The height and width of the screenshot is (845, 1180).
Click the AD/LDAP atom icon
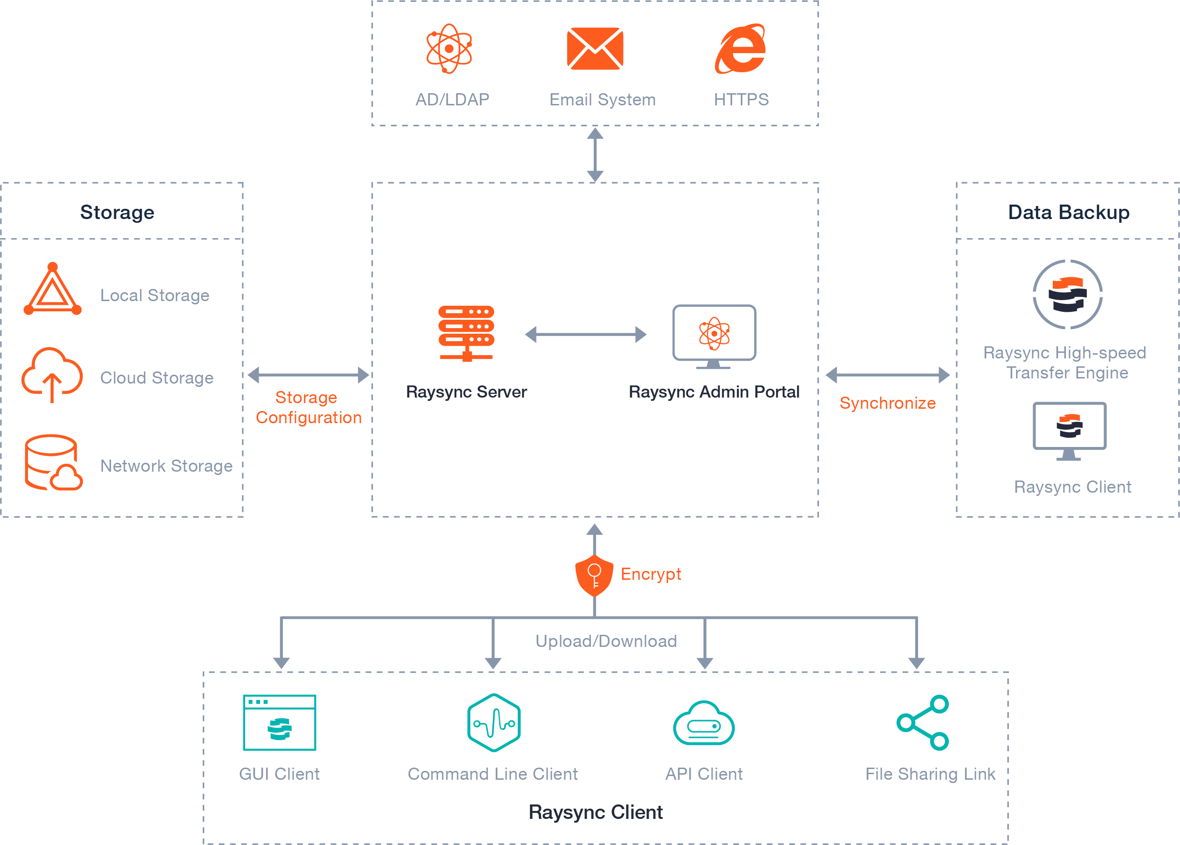click(449, 48)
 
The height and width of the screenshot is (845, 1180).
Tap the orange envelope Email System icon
click(595, 48)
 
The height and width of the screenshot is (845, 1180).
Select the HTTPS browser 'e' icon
click(741, 48)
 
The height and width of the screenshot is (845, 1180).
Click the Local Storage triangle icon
click(52, 290)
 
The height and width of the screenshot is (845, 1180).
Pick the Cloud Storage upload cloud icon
click(52, 374)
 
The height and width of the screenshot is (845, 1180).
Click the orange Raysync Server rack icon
click(466, 333)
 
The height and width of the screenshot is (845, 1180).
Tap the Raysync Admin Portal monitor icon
click(714, 336)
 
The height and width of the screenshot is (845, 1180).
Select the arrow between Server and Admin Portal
click(585, 334)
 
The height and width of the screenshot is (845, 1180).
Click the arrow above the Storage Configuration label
click(309, 375)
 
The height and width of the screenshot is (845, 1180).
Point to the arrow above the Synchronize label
click(888, 375)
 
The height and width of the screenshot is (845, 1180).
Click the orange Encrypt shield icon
click(594, 575)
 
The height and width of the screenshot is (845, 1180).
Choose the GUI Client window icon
click(280, 722)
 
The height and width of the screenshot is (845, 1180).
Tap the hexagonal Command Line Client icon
click(494, 722)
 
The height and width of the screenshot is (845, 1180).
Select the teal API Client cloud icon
click(704, 723)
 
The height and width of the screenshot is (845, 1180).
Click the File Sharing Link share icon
click(923, 722)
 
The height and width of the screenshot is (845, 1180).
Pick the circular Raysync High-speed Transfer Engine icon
click(1067, 295)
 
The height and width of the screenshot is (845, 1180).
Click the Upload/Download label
click(606, 641)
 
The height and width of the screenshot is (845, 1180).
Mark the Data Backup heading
click(1069, 212)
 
